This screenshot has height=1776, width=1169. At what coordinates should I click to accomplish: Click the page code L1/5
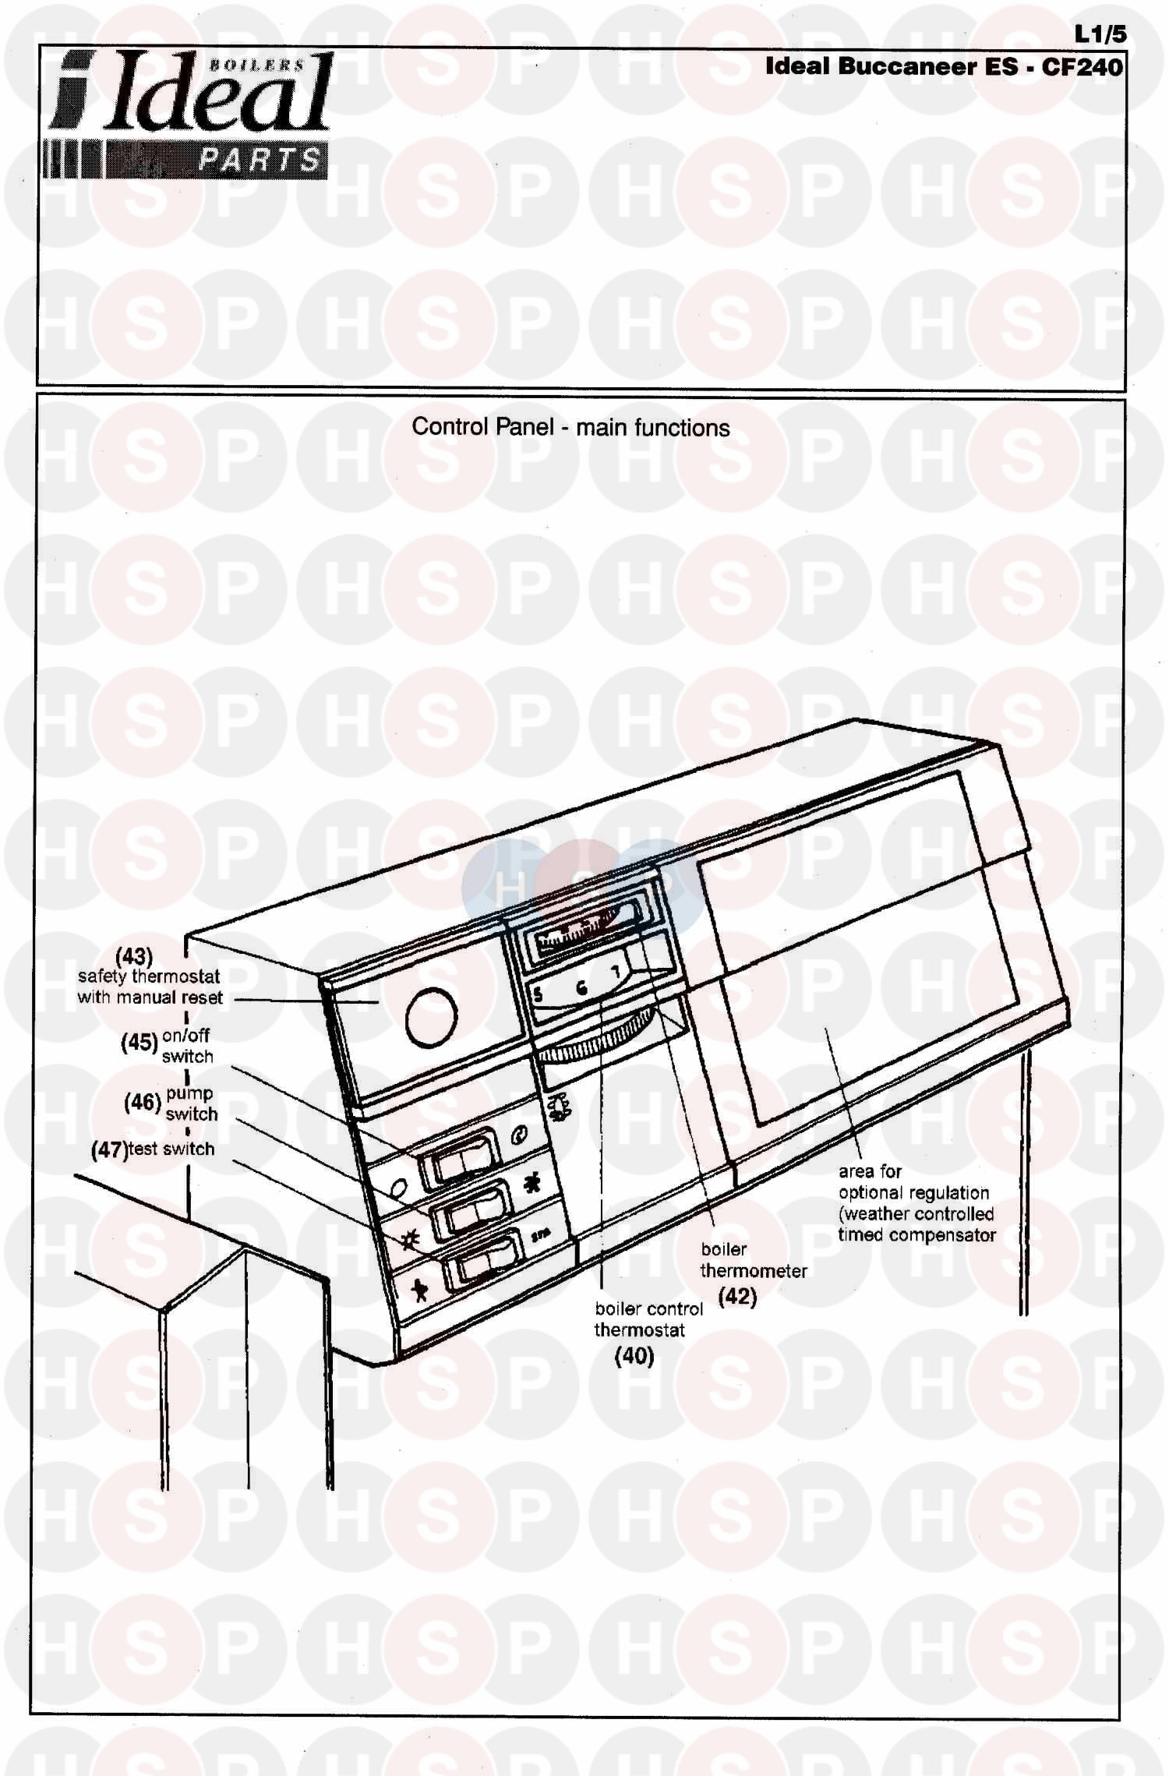(x=1100, y=34)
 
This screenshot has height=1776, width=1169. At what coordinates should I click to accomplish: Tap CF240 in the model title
(x=1082, y=66)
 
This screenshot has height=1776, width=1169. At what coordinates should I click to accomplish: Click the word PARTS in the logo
(x=259, y=161)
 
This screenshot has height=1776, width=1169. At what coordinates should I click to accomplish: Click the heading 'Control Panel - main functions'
(x=570, y=427)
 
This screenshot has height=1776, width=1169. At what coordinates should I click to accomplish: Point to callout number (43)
(x=134, y=955)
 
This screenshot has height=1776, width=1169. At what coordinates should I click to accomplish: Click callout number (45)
(x=140, y=1043)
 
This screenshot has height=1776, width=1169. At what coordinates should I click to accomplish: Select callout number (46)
(x=143, y=1102)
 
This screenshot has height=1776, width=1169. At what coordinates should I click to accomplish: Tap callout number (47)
(x=108, y=1149)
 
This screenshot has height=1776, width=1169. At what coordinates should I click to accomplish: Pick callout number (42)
(x=737, y=1296)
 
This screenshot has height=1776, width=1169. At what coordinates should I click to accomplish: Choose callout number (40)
(x=634, y=1356)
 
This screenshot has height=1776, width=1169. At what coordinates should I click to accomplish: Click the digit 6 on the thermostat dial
(x=581, y=989)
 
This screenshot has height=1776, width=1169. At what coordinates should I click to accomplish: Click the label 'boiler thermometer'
(x=752, y=1259)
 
